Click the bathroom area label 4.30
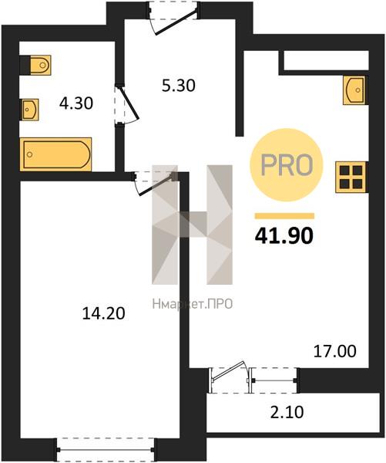[x=76, y=103]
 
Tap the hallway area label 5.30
[x=179, y=86]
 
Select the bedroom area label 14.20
[x=103, y=313]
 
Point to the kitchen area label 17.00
[x=334, y=351]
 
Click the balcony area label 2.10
[x=287, y=413]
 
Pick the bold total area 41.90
[x=284, y=236]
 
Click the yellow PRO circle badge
[x=287, y=165]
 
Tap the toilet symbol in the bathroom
[x=35, y=65]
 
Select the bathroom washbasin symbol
[x=29, y=110]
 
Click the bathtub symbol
[x=55, y=154]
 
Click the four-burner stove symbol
[x=351, y=177]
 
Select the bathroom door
[x=127, y=104]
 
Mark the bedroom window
[x=106, y=450]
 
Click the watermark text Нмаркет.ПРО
[x=193, y=304]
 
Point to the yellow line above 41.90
[x=284, y=216]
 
